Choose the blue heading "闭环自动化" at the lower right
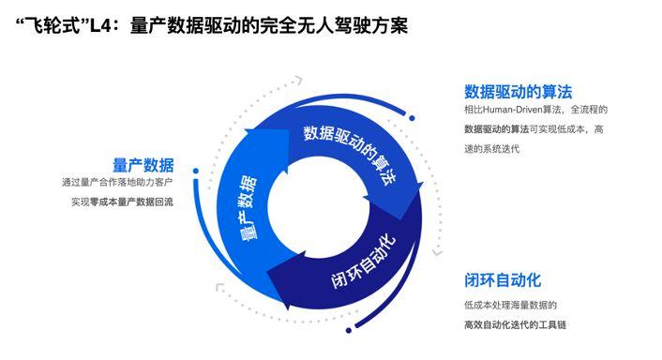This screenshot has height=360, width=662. (x=503, y=280)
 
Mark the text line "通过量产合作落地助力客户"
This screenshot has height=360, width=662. (x=117, y=184)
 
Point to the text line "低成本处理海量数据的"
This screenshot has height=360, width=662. (x=510, y=305)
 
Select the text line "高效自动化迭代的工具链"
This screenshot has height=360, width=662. (x=516, y=324)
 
